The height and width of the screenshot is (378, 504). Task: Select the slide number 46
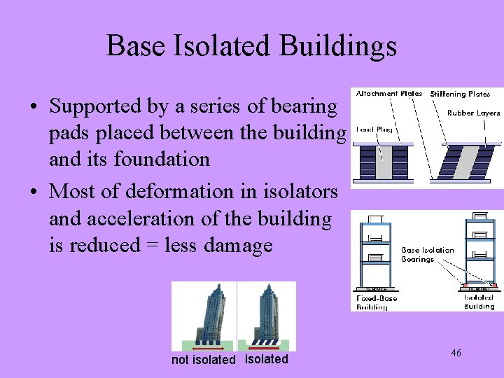click(456, 353)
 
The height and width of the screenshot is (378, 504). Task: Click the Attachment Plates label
click(389, 93)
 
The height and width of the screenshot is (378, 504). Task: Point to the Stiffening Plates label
click(460, 93)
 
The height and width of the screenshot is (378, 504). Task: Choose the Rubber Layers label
click(474, 113)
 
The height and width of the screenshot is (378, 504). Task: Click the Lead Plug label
click(374, 129)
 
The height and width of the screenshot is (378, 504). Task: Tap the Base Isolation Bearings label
click(427, 254)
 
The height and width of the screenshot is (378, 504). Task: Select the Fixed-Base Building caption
click(377, 302)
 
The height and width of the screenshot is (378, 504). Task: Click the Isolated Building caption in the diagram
click(479, 302)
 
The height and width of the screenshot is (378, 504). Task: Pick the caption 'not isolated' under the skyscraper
click(203, 360)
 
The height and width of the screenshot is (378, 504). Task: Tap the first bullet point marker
click(34, 108)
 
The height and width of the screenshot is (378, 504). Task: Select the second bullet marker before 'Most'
click(34, 192)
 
